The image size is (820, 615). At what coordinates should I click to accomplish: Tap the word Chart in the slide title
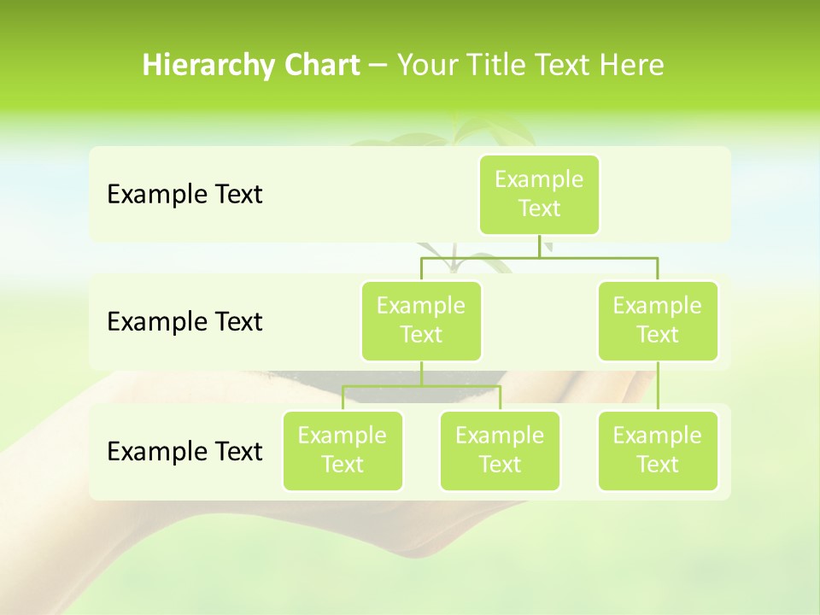[319, 65]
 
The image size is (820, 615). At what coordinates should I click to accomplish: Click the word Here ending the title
[631, 65]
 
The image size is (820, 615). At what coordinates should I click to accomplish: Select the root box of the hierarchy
[539, 194]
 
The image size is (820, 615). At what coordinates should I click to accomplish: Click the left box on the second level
[421, 320]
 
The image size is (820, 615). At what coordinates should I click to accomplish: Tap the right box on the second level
[658, 320]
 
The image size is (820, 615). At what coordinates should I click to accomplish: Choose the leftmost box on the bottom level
[343, 450]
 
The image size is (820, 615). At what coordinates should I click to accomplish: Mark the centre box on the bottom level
[500, 450]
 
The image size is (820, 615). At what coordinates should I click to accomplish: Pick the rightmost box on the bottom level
[658, 450]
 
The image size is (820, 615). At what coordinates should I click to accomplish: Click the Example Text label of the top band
[184, 194]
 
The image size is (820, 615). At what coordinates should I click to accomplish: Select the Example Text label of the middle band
[184, 321]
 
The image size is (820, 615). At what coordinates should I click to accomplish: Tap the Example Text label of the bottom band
[184, 451]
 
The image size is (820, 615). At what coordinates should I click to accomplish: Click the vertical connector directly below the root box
[539, 246]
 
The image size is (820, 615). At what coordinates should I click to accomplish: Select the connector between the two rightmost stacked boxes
[658, 386]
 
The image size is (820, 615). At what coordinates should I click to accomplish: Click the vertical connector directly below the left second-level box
[421, 373]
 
